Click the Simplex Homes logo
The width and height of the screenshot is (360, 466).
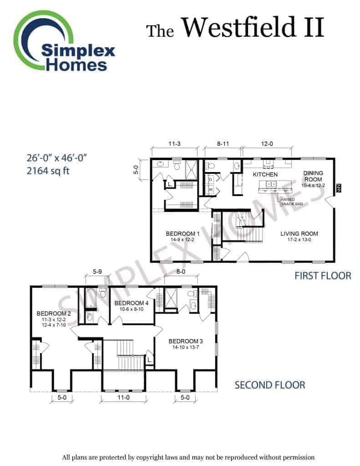(x=64, y=41)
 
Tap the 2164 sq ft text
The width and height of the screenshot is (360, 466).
(x=48, y=171)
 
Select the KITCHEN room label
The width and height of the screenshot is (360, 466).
(x=265, y=174)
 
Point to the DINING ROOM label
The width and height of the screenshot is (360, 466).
(x=313, y=176)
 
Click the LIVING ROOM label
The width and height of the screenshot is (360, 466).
(x=299, y=233)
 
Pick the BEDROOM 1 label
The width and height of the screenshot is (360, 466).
(x=183, y=233)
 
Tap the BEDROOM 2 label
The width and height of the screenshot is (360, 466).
(x=54, y=313)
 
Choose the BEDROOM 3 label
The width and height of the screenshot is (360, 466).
(x=186, y=341)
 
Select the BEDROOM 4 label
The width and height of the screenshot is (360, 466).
(x=131, y=303)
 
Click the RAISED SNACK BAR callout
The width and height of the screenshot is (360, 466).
(x=291, y=202)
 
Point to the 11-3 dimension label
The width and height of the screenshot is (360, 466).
(x=174, y=144)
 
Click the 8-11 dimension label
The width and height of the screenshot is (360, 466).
(x=223, y=144)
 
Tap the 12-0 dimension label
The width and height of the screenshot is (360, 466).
(x=267, y=144)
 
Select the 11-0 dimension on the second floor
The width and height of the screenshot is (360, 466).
(x=123, y=397)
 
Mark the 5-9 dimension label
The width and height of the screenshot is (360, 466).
(x=97, y=272)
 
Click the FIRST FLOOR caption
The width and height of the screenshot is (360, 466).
(x=323, y=276)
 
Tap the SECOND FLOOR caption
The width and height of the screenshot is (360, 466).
(x=270, y=385)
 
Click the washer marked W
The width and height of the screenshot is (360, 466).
(x=210, y=189)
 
